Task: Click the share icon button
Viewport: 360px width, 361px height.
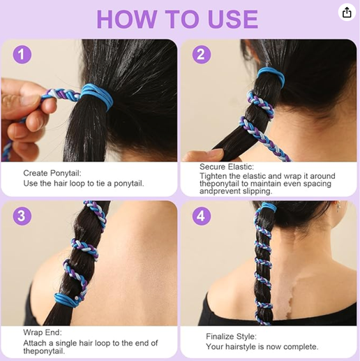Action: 347,13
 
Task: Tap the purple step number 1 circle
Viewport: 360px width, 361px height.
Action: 22,54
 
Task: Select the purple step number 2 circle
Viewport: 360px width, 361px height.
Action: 202,54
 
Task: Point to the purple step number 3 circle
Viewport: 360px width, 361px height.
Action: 22,216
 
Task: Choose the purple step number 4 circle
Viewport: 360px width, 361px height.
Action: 202,216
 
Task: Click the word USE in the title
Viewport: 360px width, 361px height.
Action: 232,20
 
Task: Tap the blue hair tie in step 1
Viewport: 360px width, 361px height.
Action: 97,97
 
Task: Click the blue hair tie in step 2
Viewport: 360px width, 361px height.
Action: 271,76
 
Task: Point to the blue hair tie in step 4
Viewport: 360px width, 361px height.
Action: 269,207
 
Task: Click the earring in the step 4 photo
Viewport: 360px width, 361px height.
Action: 338,207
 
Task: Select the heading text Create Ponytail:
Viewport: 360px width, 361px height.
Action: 52,173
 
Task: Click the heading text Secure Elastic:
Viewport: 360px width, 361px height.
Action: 227,167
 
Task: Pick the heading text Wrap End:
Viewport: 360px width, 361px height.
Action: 43,332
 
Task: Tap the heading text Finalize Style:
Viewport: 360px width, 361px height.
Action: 231,337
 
